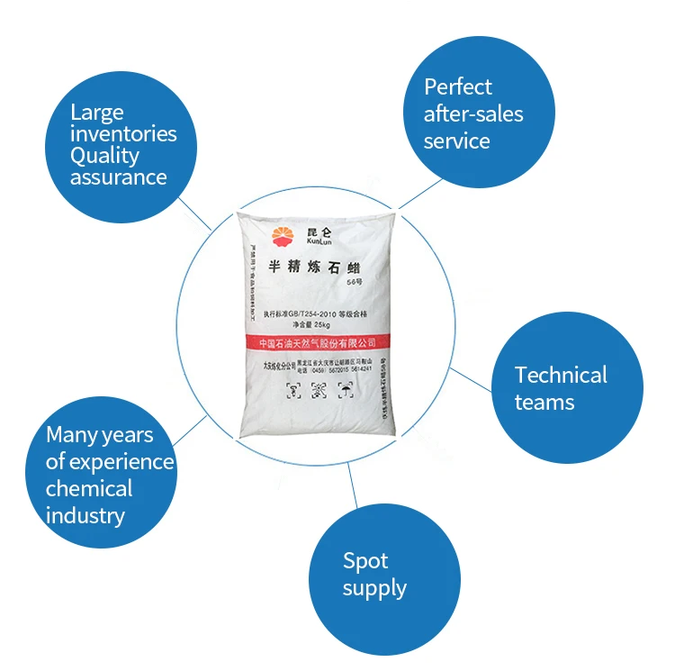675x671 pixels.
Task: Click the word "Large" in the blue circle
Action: tap(97, 112)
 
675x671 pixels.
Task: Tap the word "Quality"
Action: tap(105, 155)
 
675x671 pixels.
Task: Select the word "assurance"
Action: tap(119, 177)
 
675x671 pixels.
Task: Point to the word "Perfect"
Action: tap(458, 87)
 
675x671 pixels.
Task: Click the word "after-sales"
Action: tap(473, 114)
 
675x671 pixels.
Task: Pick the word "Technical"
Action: tap(561, 375)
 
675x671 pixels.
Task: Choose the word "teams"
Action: tap(544, 402)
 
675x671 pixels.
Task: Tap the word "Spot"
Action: tap(365, 561)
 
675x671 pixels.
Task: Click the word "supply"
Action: tap(374, 589)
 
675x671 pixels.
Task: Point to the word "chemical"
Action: tap(89, 489)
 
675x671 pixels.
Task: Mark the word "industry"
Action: tap(85, 516)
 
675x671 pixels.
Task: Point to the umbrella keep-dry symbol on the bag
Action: tap(345, 389)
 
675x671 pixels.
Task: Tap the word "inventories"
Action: tap(123, 134)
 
